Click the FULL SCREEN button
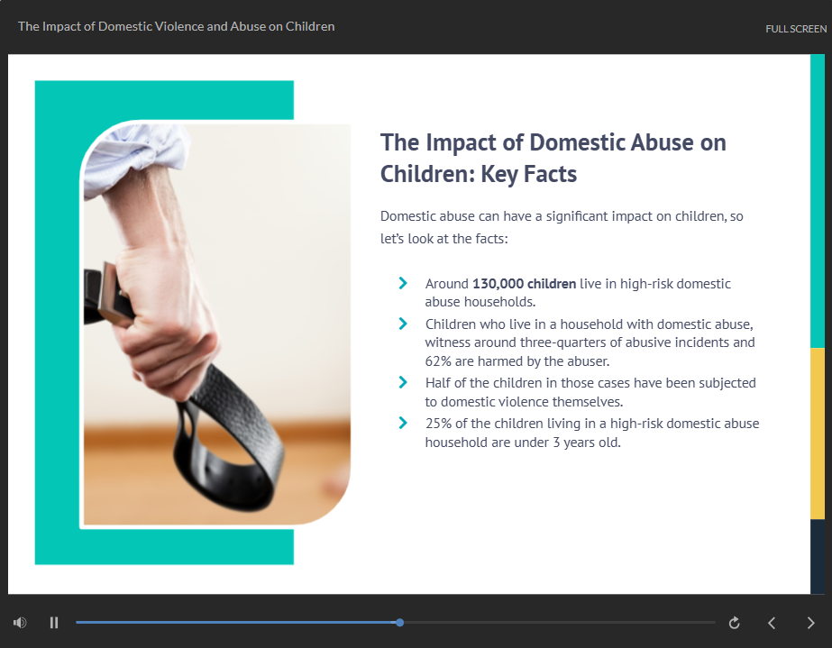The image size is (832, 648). point(795,29)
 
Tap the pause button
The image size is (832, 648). point(53,623)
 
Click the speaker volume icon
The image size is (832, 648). point(20,623)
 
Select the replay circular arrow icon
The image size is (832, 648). point(735,623)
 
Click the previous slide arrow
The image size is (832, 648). point(772,623)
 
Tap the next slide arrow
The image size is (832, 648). point(810,623)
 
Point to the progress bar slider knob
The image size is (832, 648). point(399,623)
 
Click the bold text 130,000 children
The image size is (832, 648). point(525,284)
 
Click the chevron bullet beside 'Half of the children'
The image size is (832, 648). point(403,382)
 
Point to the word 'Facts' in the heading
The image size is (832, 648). point(550,174)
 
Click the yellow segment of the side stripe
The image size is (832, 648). point(818,434)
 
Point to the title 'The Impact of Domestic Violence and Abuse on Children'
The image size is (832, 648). point(176,26)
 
